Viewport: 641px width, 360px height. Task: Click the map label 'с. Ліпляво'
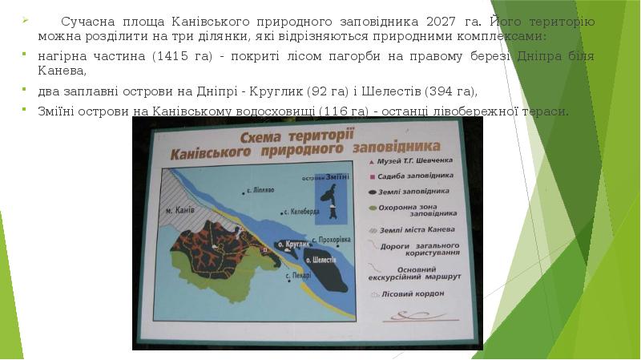pyautogui.click(x=260, y=191)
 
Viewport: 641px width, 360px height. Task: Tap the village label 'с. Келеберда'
pyautogui.click(x=302, y=212)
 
